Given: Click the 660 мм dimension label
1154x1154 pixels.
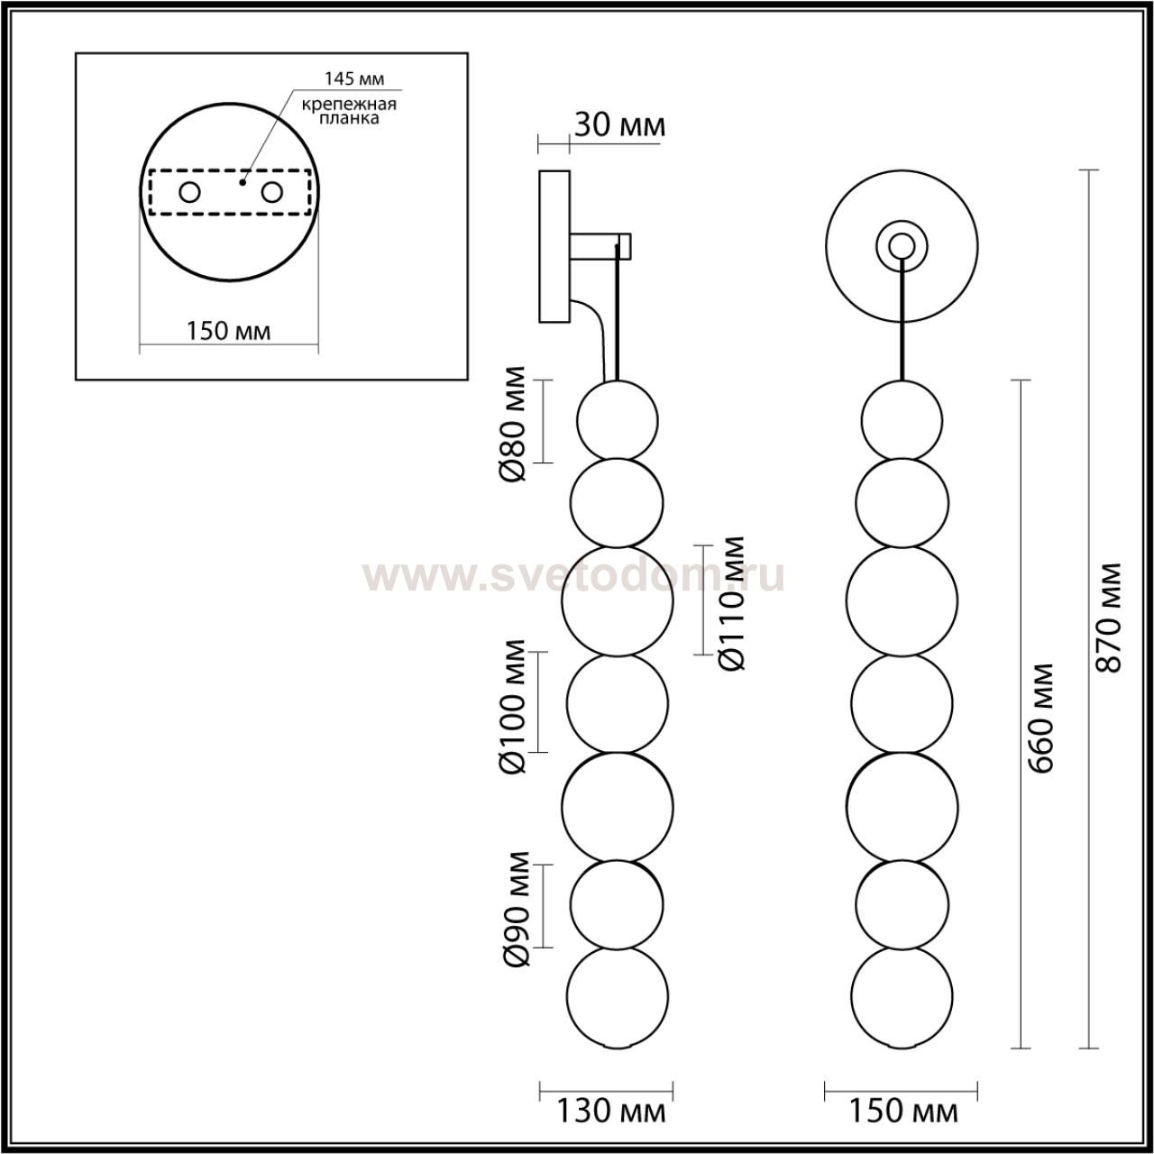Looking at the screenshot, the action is click(x=1040, y=718).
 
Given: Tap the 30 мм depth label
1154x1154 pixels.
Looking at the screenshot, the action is click(x=619, y=125).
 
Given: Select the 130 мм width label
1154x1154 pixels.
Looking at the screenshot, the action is click(x=611, y=1112).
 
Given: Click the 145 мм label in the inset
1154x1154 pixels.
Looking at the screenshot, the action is click(x=354, y=78).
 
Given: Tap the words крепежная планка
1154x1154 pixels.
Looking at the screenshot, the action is click(x=349, y=112).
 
